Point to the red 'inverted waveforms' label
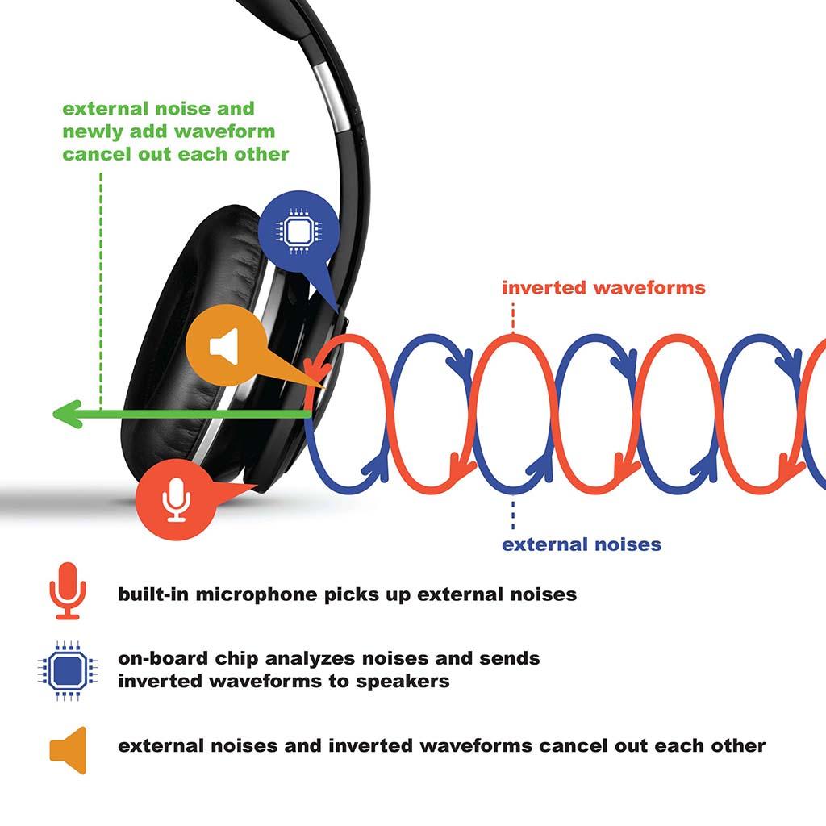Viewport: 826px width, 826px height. [603, 288]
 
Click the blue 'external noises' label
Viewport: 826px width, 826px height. [581, 544]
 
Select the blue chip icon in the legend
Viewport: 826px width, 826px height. [67, 670]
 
